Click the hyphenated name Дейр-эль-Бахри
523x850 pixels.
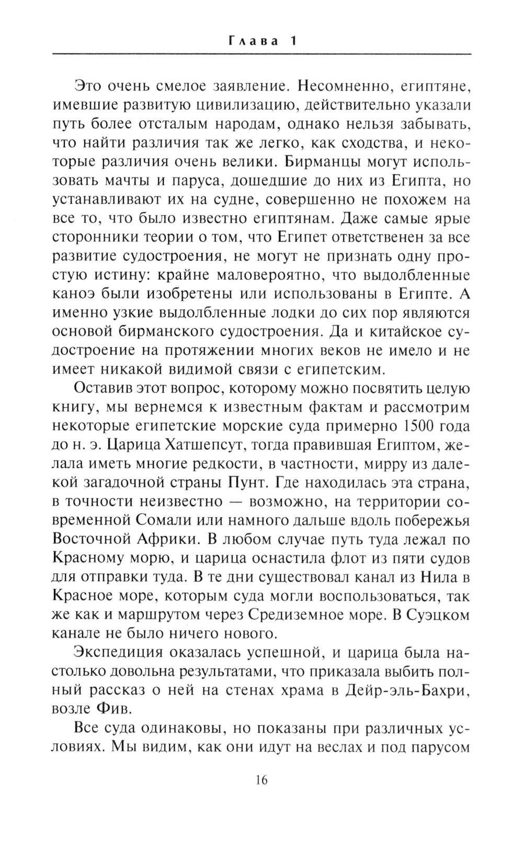(x=405, y=692)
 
